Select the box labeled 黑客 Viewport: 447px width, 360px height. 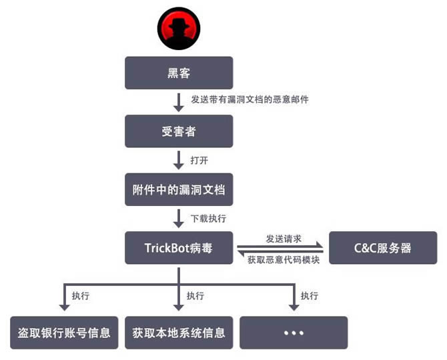(x=179, y=73)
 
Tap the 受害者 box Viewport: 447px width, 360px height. (x=179, y=131)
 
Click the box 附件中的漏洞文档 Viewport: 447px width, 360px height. (x=179, y=190)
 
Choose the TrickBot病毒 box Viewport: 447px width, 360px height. (x=179, y=248)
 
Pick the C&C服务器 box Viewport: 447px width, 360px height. (x=383, y=248)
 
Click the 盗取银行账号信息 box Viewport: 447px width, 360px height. (x=64, y=332)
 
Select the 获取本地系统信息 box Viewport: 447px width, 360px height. (x=179, y=332)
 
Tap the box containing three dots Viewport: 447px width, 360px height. (x=294, y=332)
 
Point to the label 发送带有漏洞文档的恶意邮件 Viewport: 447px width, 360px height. (x=250, y=99)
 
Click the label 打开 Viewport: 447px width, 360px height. (x=199, y=160)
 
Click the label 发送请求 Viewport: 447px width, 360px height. (x=284, y=238)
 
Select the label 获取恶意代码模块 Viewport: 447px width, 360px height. (x=284, y=259)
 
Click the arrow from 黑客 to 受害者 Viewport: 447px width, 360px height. (x=179, y=102)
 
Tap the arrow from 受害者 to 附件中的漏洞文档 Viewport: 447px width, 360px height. (x=179, y=160)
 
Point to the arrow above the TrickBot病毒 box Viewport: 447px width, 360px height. (x=179, y=218)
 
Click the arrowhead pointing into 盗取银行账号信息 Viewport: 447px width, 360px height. (x=64, y=306)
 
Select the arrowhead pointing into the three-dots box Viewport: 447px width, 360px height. (x=294, y=306)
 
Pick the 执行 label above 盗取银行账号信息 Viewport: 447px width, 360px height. (x=81, y=295)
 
